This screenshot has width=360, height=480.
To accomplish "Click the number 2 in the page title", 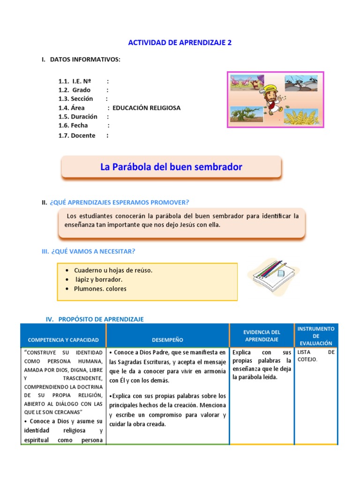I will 230,43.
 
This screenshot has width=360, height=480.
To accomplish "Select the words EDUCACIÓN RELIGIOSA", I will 146,108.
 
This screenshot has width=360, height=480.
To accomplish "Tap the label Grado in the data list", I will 81,90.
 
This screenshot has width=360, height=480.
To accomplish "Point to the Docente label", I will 83,135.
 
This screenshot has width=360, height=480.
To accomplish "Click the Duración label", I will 84,117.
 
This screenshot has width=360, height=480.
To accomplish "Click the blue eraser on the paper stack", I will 281,273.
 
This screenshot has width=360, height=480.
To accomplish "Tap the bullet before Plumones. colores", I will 68,289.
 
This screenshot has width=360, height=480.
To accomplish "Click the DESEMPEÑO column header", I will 167,340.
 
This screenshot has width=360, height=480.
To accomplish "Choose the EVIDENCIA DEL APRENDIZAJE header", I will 262,336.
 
